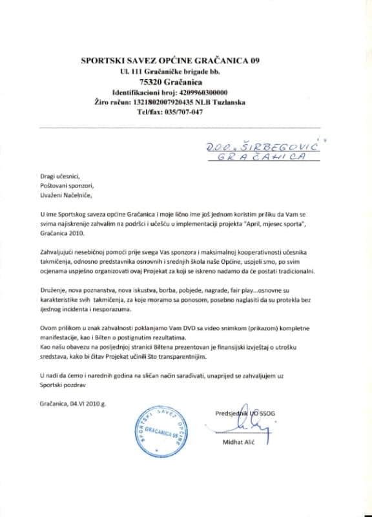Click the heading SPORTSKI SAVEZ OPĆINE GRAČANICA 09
[x=186, y=61]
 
